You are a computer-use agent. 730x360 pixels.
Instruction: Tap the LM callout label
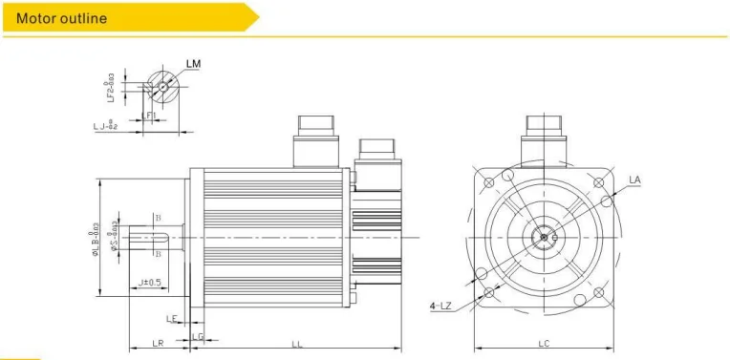[x=193, y=64]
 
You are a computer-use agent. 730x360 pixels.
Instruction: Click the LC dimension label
[x=544, y=343]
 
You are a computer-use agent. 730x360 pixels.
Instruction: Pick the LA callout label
[x=634, y=179]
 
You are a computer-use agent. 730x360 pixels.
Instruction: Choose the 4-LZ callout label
[x=440, y=306]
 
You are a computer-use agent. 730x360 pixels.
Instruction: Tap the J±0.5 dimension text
[x=149, y=283]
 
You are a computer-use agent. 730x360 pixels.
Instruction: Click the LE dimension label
[x=172, y=319]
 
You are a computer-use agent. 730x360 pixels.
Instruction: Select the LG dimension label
[x=198, y=335]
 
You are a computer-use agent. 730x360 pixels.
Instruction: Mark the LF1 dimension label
[x=148, y=116]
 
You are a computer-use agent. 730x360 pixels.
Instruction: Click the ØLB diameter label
[x=95, y=236]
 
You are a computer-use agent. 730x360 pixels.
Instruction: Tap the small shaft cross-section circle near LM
[x=162, y=87]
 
